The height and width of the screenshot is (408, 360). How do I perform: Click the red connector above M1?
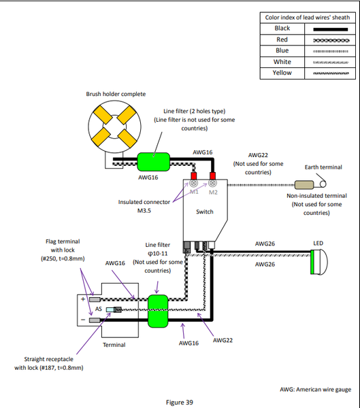tap(193, 175)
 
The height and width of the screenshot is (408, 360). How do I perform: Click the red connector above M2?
tap(212, 175)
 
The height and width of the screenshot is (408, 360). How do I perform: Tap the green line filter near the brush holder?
tap(153, 162)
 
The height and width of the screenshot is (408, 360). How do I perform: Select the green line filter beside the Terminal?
tap(158, 311)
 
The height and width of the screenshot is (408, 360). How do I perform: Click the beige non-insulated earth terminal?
tap(304, 185)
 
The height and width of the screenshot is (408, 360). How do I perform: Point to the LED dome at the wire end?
tap(319, 262)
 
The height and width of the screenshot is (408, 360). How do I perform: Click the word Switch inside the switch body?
tap(204, 211)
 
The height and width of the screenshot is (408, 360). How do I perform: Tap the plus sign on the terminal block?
tap(83, 299)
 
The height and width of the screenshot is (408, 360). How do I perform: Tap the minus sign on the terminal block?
tap(83, 320)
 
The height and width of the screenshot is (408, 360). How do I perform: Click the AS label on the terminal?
tap(99, 309)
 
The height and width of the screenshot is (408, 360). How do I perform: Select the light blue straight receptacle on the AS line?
tap(110, 309)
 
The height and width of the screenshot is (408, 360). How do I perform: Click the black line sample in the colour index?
tap(330, 29)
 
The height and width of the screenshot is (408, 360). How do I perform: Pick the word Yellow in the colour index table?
tap(282, 73)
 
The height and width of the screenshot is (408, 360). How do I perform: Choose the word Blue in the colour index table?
tap(282, 50)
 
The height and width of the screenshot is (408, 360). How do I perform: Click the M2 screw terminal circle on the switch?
tap(212, 183)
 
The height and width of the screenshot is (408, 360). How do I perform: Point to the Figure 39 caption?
tap(180, 403)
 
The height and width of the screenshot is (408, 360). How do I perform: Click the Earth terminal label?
tap(323, 167)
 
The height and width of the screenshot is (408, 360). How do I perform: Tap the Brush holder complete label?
tap(116, 94)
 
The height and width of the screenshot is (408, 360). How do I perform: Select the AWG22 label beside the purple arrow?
tap(223, 340)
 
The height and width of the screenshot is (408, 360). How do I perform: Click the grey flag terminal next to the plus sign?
tap(95, 299)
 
